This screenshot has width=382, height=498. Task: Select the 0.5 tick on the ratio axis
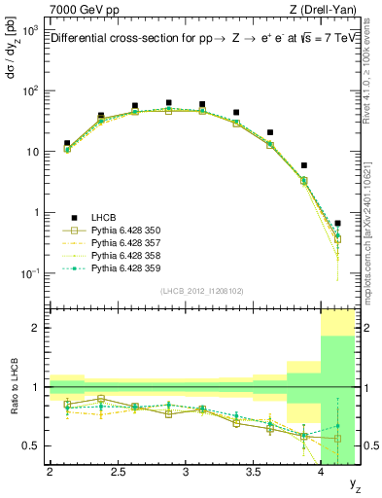point(32,445)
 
